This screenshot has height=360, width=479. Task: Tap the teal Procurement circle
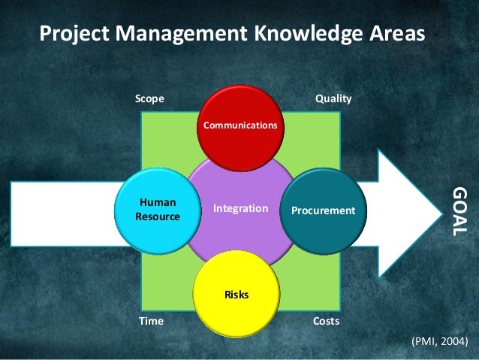pyautogui.click(x=324, y=210)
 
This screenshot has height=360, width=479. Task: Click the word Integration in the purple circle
pyautogui.click(x=240, y=208)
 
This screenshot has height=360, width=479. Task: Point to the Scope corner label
pyautogui.click(x=149, y=99)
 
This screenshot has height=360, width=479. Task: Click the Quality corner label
pyautogui.click(x=333, y=99)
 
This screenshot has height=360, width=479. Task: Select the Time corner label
pyautogui.click(x=151, y=321)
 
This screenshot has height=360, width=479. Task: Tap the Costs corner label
pyautogui.click(x=326, y=321)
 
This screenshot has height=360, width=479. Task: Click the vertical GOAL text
pyautogui.click(x=458, y=211)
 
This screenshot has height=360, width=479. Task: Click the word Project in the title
pyautogui.click(x=69, y=35)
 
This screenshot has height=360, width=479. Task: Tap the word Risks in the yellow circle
pyautogui.click(x=236, y=294)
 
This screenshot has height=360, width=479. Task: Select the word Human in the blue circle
pyautogui.click(x=158, y=203)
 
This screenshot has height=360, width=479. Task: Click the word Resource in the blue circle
pyautogui.click(x=158, y=216)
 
